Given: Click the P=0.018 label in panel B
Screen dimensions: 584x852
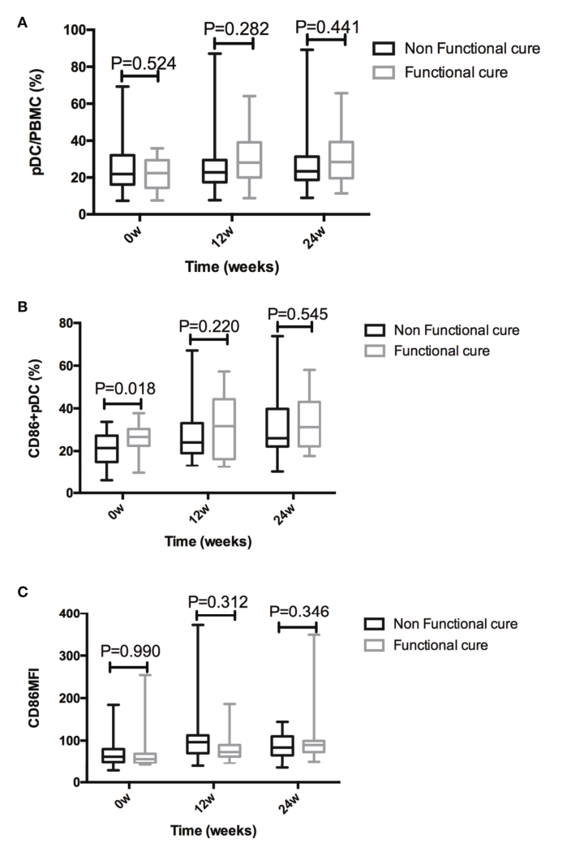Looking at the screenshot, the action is click(125, 389).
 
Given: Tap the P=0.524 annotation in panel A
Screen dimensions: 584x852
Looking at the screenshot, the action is click(144, 63).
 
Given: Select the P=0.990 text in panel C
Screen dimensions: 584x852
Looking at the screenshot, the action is click(131, 651).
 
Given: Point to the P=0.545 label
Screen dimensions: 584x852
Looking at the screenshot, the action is click(298, 314).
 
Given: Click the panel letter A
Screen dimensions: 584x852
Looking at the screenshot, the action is click(22, 23).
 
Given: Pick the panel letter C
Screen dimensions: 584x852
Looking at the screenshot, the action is click(22, 592).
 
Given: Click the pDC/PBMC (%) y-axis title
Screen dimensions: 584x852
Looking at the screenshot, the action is click(38, 122).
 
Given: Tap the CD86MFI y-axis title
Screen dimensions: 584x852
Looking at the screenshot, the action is click(34, 698).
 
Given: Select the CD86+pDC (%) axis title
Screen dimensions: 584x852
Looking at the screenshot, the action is click(35, 408).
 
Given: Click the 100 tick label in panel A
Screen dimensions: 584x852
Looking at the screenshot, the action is click(75, 30).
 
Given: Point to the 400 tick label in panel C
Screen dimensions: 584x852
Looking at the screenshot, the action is click(70, 614).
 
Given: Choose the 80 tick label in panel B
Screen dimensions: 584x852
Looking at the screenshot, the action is click(66, 323).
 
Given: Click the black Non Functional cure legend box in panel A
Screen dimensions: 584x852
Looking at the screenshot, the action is click(384, 49).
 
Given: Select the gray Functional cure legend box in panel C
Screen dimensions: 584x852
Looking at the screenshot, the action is click(374, 645).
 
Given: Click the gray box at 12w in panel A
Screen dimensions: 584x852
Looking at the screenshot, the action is click(249, 160).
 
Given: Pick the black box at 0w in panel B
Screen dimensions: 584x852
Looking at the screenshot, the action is click(106, 449).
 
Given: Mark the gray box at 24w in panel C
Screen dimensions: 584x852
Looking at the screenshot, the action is click(313, 746).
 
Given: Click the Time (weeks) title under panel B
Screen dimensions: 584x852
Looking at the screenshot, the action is click(208, 541).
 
